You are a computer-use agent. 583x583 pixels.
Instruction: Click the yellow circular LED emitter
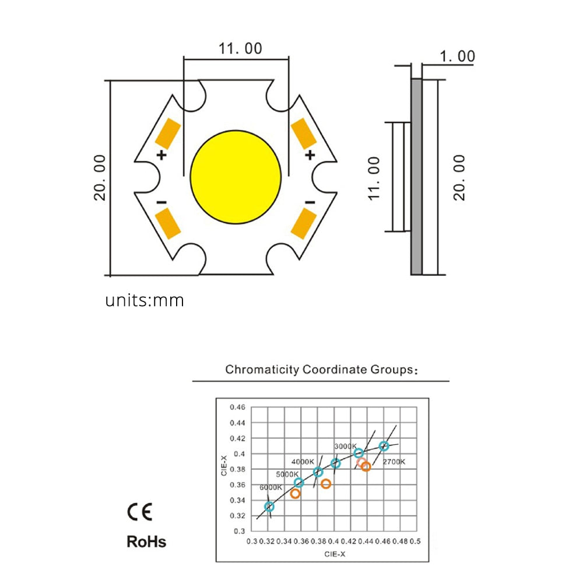pyautogui.click(x=236, y=175)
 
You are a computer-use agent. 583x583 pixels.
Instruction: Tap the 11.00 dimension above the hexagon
pyautogui.click(x=240, y=48)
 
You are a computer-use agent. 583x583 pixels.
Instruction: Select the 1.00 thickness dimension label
pyautogui.click(x=457, y=57)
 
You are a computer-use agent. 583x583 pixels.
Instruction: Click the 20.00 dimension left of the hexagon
pyautogui.click(x=100, y=177)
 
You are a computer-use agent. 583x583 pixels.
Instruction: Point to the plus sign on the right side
pyautogui.click(x=310, y=155)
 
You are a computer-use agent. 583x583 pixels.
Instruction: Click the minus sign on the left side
pyautogui.click(x=161, y=202)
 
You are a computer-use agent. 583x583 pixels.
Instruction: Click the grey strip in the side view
pyautogui.click(x=416, y=177)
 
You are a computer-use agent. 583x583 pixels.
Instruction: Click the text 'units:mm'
pyautogui.click(x=145, y=301)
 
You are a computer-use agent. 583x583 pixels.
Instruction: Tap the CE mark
pyautogui.click(x=139, y=512)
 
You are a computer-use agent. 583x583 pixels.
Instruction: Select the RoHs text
pyautogui.click(x=146, y=542)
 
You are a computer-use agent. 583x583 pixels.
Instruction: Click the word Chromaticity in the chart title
pyautogui.click(x=262, y=370)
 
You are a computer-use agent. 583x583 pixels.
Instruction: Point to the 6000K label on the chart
pyautogui.click(x=271, y=487)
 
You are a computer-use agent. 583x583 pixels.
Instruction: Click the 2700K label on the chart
pyautogui.click(x=394, y=462)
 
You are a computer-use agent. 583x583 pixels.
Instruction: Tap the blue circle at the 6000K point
pyautogui.click(x=269, y=507)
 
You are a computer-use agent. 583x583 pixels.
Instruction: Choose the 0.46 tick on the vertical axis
pyautogui.click(x=237, y=407)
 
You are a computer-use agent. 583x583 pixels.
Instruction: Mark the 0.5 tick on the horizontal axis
pyautogui.click(x=415, y=541)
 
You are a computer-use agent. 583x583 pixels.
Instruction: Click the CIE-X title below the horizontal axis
pyautogui.click(x=334, y=554)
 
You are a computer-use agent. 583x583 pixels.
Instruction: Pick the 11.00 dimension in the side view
pyautogui.click(x=374, y=177)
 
